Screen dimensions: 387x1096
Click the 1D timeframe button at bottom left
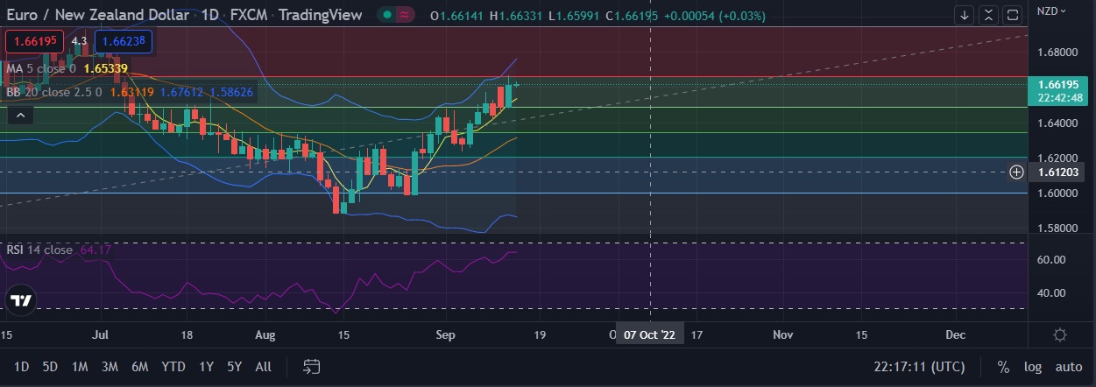coord(22,367)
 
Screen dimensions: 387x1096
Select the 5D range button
coord(50,367)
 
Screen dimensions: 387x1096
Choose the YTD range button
coord(173,367)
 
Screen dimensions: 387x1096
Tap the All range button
coord(263,367)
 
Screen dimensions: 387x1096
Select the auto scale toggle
coord(1068,367)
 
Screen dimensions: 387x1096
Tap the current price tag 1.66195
coord(1057,85)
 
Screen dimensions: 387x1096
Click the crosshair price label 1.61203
coord(1057,172)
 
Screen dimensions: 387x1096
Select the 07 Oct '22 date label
coord(649,334)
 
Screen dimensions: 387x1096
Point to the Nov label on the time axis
coord(782,334)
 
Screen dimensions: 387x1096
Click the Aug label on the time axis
coord(265,334)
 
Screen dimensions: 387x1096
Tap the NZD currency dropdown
coord(1051,11)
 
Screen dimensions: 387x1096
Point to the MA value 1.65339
coord(105,68)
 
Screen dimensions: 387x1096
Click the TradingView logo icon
coord(21,301)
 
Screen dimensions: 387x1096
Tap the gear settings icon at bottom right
coord(1060,335)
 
